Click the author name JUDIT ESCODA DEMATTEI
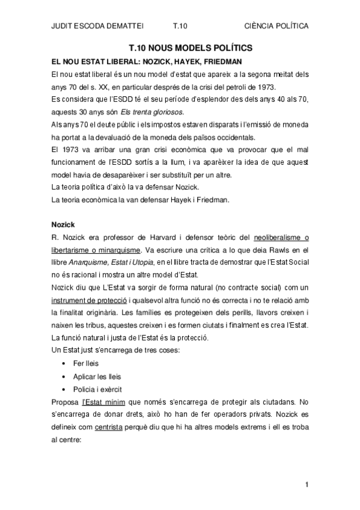pyautogui.click(x=93, y=26)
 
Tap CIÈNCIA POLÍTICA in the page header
pyautogui.click(x=277, y=26)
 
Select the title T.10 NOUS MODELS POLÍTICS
pyautogui.click(x=191, y=47)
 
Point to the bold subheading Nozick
pyautogui.click(x=63, y=224)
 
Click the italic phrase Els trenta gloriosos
pyautogui.click(x=156, y=112)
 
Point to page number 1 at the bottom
pyautogui.click(x=307, y=484)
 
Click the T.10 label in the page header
pyautogui.click(x=180, y=26)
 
